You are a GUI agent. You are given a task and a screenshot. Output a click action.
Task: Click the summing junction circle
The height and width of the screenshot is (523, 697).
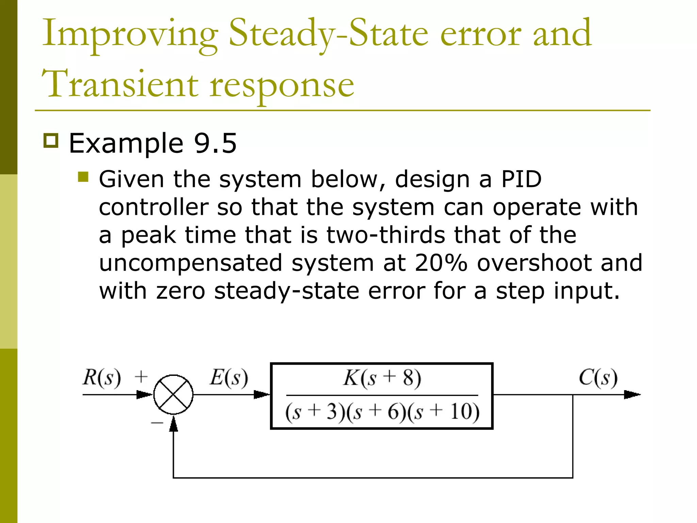coord(174,395)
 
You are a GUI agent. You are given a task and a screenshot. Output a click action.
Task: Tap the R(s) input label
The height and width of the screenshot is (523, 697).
coord(101,378)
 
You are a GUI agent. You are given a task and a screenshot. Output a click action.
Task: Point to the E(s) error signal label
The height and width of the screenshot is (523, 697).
coord(229,378)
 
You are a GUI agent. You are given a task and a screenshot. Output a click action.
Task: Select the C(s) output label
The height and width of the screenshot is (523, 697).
coord(598,378)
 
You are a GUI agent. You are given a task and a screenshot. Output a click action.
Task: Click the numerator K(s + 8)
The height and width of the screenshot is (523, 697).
coord(382,378)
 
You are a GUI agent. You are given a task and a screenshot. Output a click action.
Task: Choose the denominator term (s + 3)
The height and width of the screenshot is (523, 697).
coord(311,412)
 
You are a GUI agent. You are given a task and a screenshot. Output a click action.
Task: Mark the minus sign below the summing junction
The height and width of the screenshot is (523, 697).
coord(157,423)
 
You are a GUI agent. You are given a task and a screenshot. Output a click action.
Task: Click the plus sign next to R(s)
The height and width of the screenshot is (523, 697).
coord(141,377)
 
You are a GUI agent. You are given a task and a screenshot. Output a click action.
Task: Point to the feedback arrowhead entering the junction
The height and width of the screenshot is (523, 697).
coord(174,424)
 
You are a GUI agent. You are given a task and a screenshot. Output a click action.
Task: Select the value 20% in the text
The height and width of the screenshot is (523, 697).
coord(441,263)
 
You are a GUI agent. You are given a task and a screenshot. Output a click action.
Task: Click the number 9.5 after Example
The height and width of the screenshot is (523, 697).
coord(215,143)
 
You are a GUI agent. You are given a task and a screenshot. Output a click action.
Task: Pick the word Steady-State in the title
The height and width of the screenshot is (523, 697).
coord(328,34)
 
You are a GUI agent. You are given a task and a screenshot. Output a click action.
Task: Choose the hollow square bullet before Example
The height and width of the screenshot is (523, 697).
coord(51,140)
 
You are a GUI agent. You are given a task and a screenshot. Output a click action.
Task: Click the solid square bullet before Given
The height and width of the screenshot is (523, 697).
coord(83,177)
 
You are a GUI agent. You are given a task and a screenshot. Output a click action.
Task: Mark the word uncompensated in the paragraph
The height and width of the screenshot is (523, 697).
coord(191,263)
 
